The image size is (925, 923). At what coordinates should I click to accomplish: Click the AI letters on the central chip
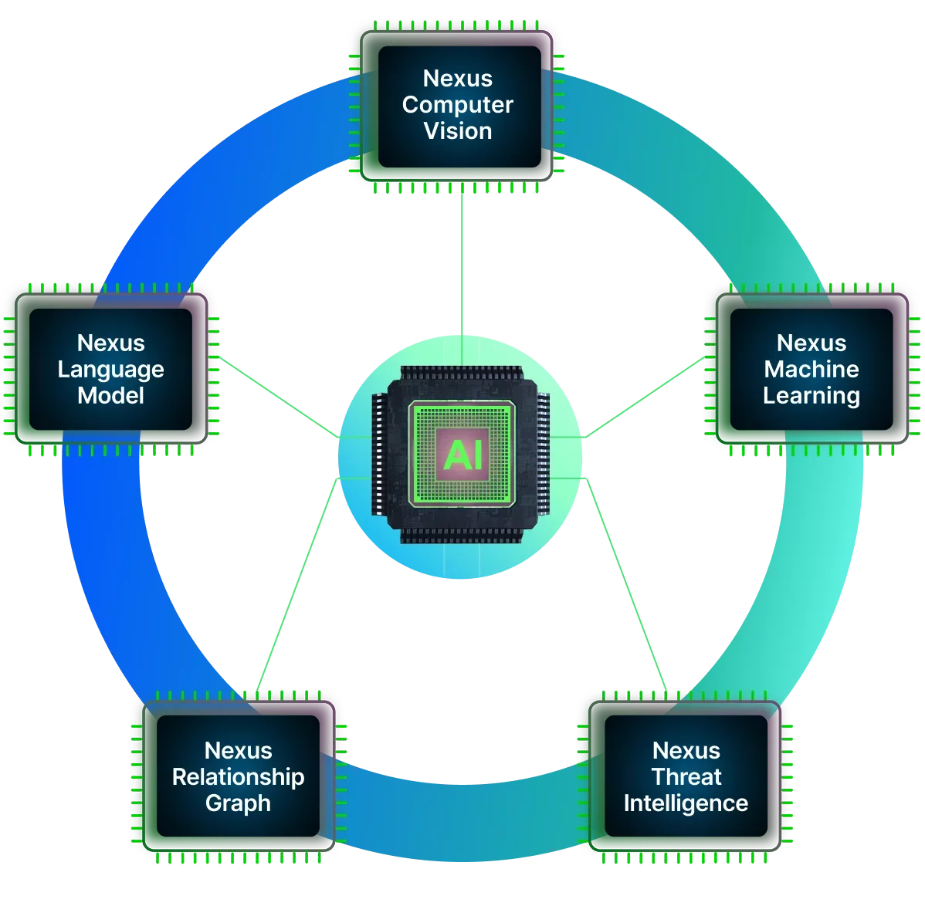point(463,455)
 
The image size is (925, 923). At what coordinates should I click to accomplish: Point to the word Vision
point(458,131)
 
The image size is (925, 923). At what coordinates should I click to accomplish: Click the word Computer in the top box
point(458,105)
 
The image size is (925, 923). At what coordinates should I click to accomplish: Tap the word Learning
point(811,396)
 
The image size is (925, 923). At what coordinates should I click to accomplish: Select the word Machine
point(811,370)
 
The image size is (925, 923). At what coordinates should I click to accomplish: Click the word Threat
point(686,777)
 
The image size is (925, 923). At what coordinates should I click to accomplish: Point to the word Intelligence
point(686,803)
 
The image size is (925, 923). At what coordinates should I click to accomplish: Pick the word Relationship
point(238,777)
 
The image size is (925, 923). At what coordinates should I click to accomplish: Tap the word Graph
point(238,803)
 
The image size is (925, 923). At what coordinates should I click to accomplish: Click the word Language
point(110,370)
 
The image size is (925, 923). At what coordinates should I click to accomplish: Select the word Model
point(110,396)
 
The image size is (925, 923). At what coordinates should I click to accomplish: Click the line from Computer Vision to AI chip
point(461,262)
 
